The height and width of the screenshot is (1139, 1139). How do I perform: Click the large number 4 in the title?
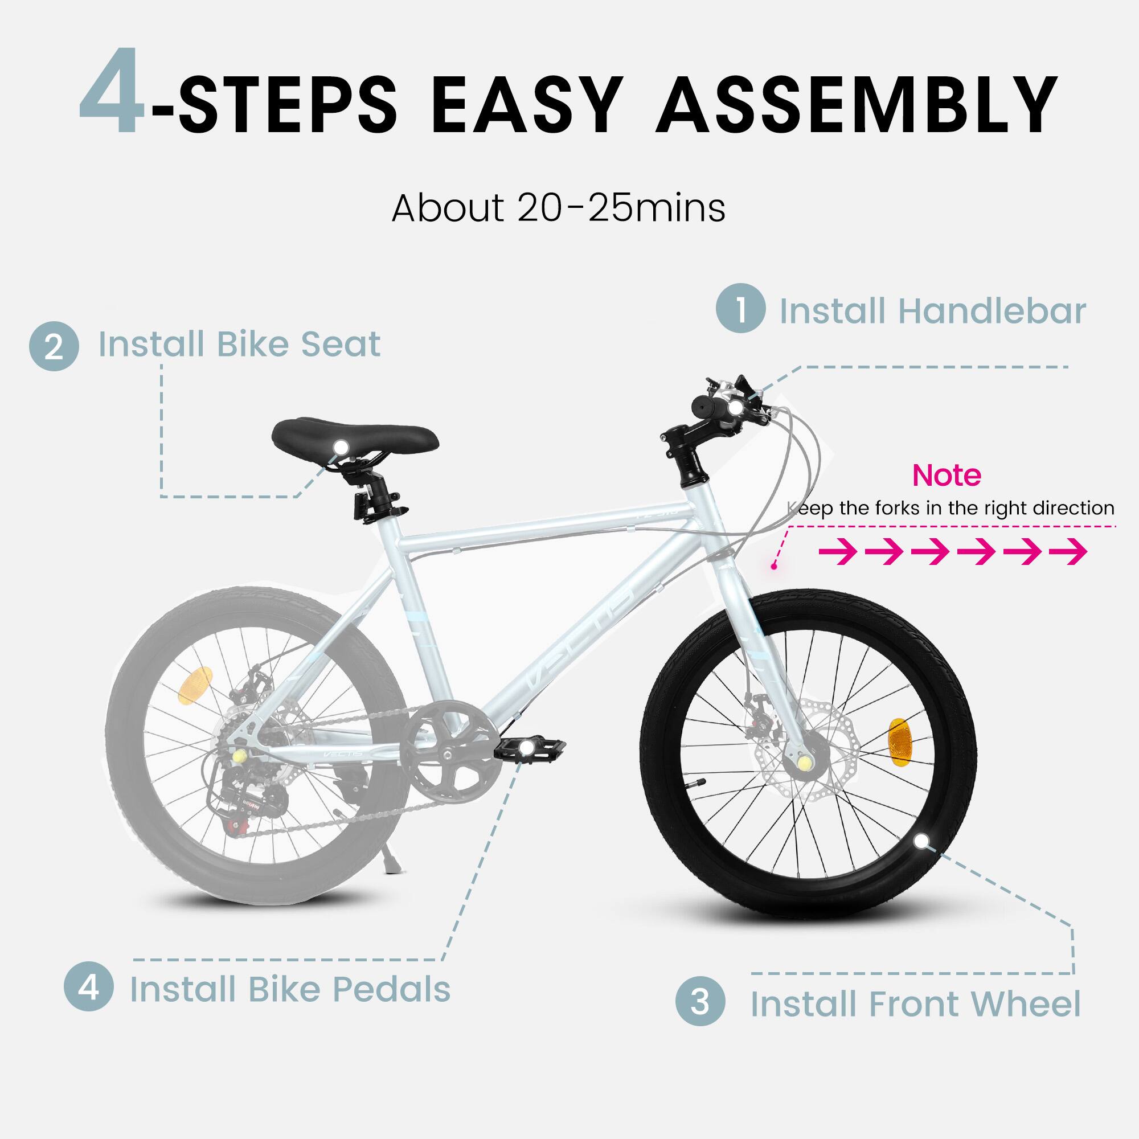pos(112,95)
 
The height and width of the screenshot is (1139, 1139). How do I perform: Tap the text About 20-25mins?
pos(558,208)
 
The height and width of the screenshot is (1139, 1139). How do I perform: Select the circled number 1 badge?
pos(740,308)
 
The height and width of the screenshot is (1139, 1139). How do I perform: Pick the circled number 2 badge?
pos(54,346)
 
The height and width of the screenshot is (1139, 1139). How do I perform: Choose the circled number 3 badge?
pos(700,1001)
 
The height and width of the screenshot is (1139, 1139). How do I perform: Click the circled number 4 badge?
pos(88,986)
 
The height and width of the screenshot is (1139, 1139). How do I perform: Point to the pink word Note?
pos(946,475)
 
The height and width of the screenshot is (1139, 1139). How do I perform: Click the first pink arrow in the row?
pos(838,552)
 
